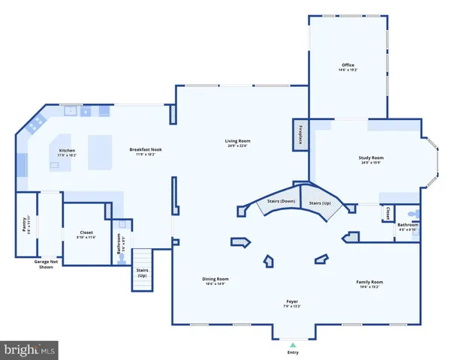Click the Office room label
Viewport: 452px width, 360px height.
347,66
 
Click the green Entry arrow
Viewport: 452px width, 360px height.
293,343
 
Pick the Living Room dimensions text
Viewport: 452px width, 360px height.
238,146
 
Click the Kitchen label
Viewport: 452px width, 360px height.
68,151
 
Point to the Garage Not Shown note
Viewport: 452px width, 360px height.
47,264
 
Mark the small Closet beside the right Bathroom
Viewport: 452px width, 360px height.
387,212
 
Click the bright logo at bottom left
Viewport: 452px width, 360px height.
29,349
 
